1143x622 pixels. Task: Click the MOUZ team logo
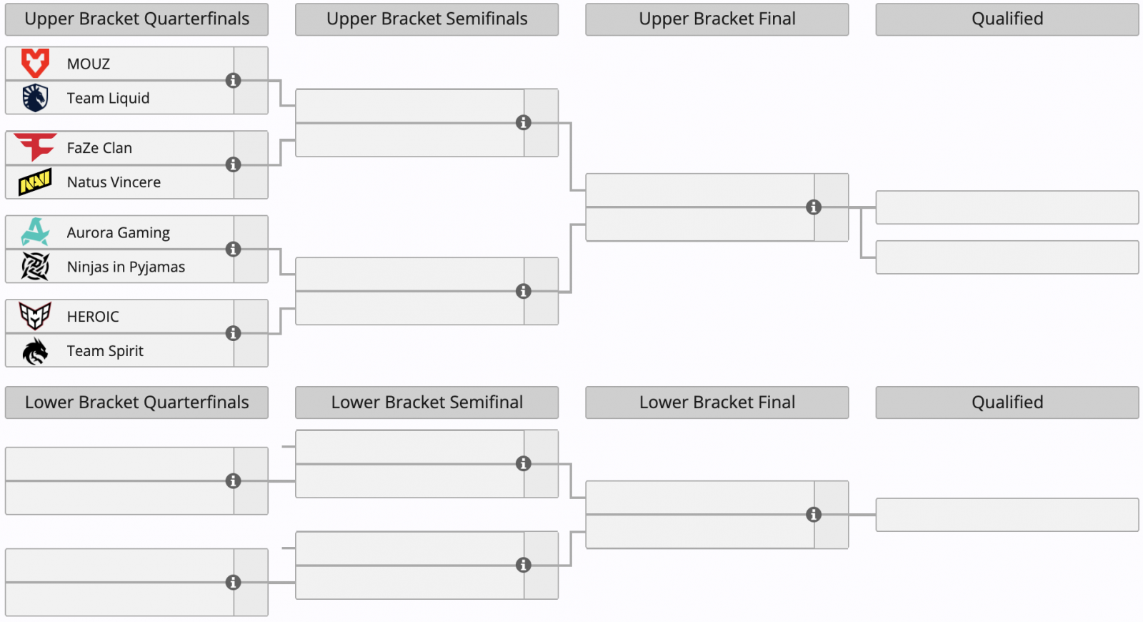(35, 64)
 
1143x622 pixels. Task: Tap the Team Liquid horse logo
(35, 97)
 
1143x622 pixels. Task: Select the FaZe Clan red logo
(35, 147)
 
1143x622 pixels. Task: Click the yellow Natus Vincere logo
(35, 182)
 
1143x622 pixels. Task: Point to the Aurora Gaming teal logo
(35, 232)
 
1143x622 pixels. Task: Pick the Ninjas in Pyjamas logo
(35, 266)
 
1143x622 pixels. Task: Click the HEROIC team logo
(35, 315)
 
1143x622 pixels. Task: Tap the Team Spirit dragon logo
(35, 351)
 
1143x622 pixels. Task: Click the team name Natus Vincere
(114, 182)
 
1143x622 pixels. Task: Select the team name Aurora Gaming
(119, 232)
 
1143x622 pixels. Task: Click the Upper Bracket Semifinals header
(426, 19)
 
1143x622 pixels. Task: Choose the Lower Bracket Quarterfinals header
(136, 403)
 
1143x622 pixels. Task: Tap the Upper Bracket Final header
(717, 19)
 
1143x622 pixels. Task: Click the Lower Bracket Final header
(717, 403)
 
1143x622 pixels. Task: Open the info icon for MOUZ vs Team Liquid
(233, 80)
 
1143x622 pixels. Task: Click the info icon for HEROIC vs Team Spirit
(233, 333)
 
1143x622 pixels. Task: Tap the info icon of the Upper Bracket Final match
(814, 207)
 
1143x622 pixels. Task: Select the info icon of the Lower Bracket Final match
(814, 514)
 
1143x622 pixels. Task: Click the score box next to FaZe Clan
(251, 147)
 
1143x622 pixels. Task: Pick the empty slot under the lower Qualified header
(1007, 515)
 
